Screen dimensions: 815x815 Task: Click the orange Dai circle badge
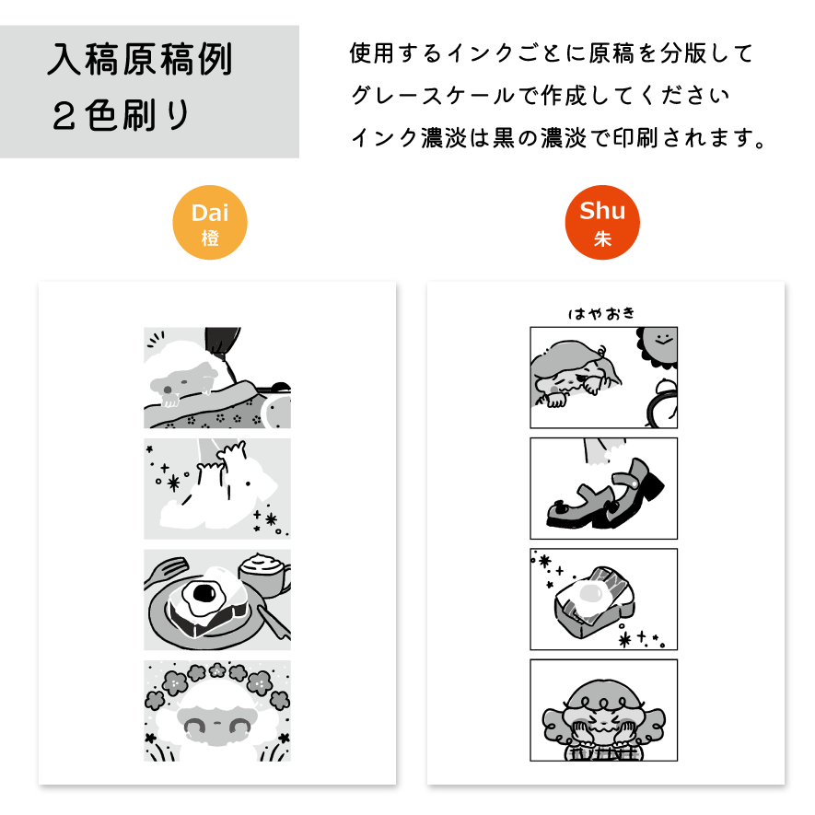click(x=209, y=223)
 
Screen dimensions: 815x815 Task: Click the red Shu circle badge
click(x=602, y=223)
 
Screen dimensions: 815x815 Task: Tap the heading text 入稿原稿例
click(x=139, y=59)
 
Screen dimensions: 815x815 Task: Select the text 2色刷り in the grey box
click(x=121, y=115)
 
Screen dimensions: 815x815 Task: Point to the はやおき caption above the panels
click(x=601, y=313)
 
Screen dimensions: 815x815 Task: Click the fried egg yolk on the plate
click(x=204, y=592)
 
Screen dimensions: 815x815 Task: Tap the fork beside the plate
click(x=165, y=572)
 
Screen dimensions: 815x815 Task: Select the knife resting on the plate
click(x=274, y=623)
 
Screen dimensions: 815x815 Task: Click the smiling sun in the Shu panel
click(x=658, y=346)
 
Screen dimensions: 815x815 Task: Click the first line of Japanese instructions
click(x=552, y=53)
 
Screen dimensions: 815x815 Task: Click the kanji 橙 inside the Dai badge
click(x=210, y=239)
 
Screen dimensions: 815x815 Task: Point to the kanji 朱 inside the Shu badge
click(x=602, y=239)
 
